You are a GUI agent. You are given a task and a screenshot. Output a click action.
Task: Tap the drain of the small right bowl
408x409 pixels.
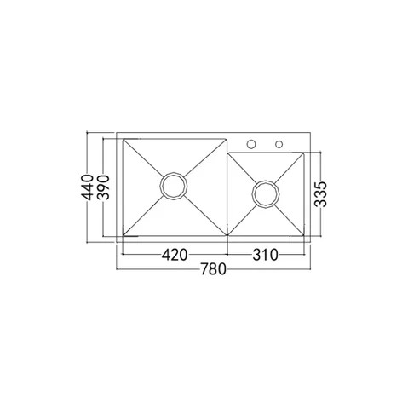(267, 194)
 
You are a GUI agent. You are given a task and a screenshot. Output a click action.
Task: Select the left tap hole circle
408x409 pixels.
(252, 142)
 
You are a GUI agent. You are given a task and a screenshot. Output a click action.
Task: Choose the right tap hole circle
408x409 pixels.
(279, 142)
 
